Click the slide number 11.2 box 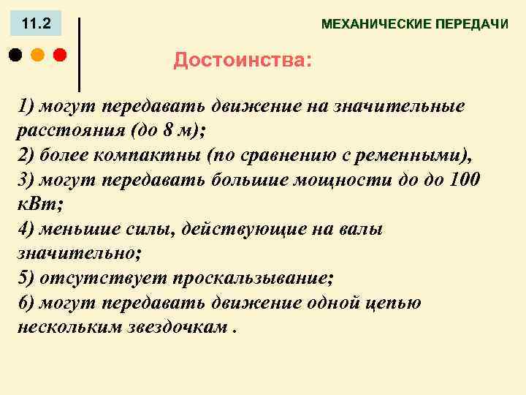[37, 24]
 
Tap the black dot [16, 54]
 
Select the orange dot [38, 54]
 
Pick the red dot [59, 54]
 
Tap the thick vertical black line [79, 54]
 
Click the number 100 [463, 180]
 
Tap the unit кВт [34, 205]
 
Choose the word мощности [324, 180]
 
